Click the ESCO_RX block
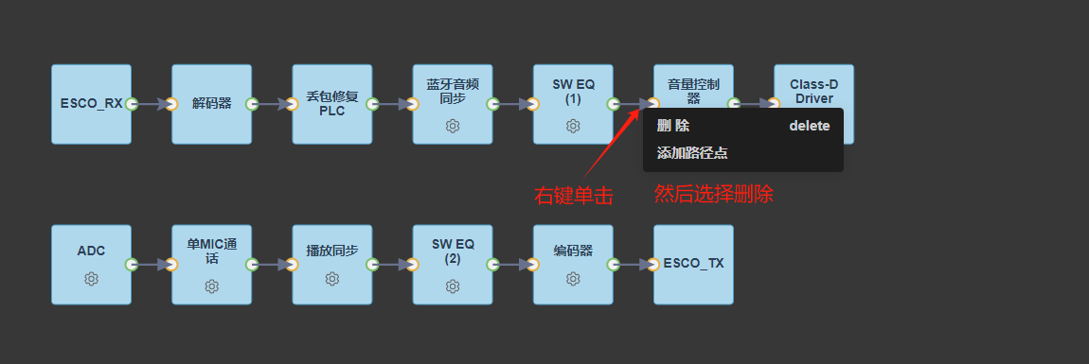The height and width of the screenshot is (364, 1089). pyautogui.click(x=91, y=104)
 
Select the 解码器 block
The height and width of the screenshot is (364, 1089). pyautogui.click(x=212, y=104)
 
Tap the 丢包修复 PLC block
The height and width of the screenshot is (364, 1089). pyautogui.click(x=332, y=104)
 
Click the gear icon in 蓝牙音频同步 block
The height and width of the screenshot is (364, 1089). pyautogui.click(x=453, y=126)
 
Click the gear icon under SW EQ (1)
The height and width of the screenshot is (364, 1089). pyautogui.click(x=573, y=126)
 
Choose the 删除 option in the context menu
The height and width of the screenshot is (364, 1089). pyautogui.click(x=673, y=126)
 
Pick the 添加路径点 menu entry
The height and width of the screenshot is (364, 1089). pyautogui.click(x=692, y=153)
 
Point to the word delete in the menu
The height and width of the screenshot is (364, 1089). pyautogui.click(x=809, y=126)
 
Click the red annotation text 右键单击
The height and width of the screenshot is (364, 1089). pyautogui.click(x=574, y=197)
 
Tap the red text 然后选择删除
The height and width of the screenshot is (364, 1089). pyautogui.click(x=714, y=194)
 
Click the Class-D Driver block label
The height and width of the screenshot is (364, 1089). pyautogui.click(x=814, y=91)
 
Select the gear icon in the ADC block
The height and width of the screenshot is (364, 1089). pyautogui.click(x=91, y=279)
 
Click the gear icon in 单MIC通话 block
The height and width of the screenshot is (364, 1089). pyautogui.click(x=212, y=286)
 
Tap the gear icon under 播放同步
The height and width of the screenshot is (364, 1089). pyautogui.click(x=332, y=279)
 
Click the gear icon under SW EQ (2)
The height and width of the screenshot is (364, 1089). pyautogui.click(x=453, y=286)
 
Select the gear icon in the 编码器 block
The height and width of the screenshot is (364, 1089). pyautogui.click(x=573, y=279)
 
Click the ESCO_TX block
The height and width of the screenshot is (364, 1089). pyautogui.click(x=693, y=264)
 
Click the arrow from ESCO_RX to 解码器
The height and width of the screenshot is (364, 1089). pyautogui.click(x=152, y=104)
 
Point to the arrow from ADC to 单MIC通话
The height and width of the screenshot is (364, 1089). pyautogui.click(x=152, y=264)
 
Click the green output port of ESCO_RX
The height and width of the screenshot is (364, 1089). pyautogui.click(x=132, y=104)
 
